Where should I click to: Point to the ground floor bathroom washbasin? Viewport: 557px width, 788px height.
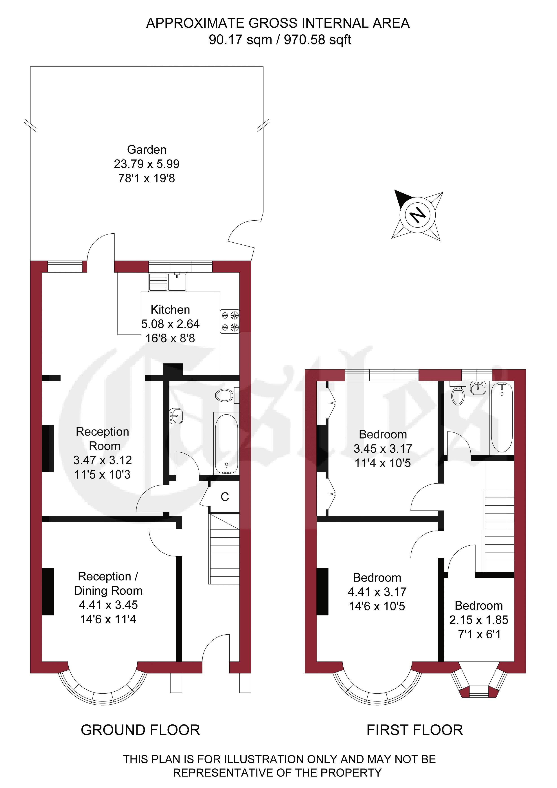176,416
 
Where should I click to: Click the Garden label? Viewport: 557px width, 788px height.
147,150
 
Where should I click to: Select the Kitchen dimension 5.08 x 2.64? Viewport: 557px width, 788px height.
171,324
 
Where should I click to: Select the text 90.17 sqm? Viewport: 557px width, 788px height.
240,40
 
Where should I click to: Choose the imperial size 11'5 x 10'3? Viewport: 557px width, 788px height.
103,475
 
